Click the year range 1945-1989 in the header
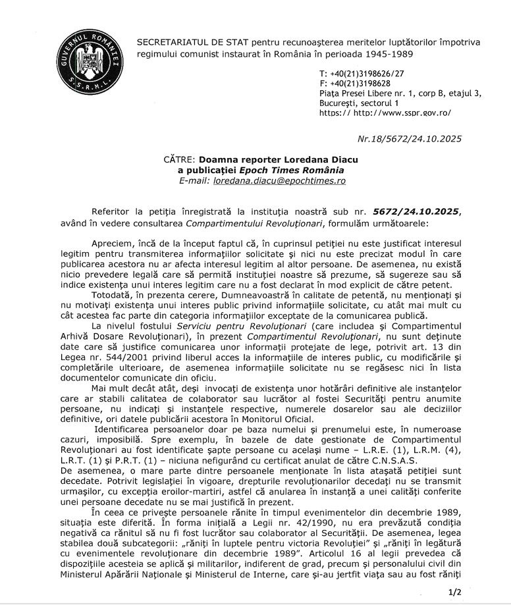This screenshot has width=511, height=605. [x=384, y=53]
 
